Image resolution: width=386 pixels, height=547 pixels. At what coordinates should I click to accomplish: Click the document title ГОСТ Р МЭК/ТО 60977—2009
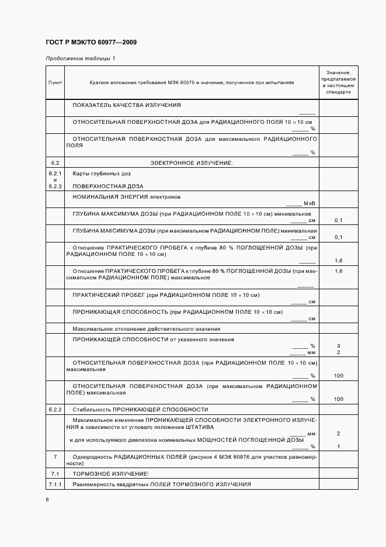[x=91, y=43]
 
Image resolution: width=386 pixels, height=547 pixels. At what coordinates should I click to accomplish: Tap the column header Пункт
[x=55, y=83]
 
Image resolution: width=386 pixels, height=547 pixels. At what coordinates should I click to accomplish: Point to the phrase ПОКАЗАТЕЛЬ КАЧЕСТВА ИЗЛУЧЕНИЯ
[x=127, y=105]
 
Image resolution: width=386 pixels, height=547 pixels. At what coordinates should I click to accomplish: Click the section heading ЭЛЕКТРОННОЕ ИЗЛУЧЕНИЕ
[x=192, y=162]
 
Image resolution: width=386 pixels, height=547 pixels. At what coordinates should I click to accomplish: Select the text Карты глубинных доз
[x=102, y=174]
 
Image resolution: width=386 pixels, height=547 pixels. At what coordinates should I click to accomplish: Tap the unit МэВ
[x=310, y=203]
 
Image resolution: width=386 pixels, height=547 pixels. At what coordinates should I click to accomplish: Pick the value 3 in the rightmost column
[x=339, y=346]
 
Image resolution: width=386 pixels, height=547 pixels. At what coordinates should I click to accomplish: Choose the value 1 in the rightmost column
[x=339, y=446]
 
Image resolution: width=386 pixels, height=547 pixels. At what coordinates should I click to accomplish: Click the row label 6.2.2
[x=55, y=409]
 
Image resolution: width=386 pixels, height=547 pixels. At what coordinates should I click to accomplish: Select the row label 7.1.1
[x=55, y=484]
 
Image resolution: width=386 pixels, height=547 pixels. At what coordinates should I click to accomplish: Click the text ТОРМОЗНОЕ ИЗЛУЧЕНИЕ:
[x=111, y=473]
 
